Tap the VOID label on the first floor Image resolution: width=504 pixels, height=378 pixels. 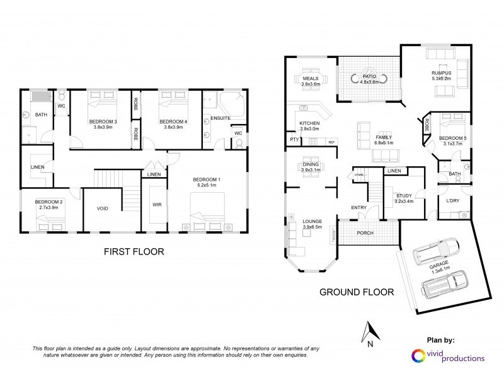[x=103, y=208]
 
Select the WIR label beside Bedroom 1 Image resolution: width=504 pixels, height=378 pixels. [x=157, y=205]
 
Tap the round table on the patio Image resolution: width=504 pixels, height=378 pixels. [x=369, y=79]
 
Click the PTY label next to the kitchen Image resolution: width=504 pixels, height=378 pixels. [x=294, y=139]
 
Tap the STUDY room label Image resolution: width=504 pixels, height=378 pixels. [x=404, y=196]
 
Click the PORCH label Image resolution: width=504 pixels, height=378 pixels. [x=365, y=233]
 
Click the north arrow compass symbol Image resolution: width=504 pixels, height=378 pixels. [x=370, y=332]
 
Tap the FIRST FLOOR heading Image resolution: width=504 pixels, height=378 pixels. [x=134, y=251]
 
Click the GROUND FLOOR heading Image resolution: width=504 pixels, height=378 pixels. [x=357, y=292]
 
